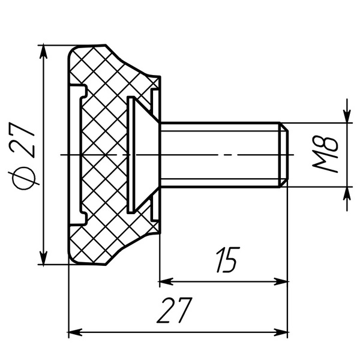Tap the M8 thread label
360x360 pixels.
click(325, 154)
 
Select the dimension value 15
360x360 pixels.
click(228, 260)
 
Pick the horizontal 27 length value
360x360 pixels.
click(175, 310)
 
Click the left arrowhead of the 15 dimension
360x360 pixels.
click(166, 281)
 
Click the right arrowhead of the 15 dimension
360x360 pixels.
click(281, 281)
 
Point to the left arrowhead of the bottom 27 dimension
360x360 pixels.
click(76, 332)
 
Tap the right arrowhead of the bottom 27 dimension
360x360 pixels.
click(281, 332)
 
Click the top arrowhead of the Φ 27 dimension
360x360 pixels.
click(43, 52)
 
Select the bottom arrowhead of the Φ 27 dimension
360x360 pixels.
click(43, 257)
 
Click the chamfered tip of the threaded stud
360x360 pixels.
click(284, 155)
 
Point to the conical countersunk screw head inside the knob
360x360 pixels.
click(143, 155)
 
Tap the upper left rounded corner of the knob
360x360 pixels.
click(73, 51)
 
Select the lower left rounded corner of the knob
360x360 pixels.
click(73, 259)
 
